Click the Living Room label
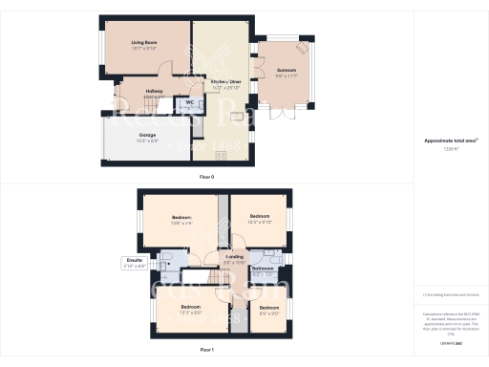pyautogui.click(x=145, y=42)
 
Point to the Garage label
pyautogui.click(x=147, y=136)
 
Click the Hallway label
pyautogui.click(x=154, y=92)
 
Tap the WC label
pyautogui.click(x=190, y=100)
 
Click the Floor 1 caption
pyautogui.click(x=206, y=351)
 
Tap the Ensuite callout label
pyautogui.click(x=134, y=260)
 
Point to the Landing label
pyautogui.click(x=234, y=257)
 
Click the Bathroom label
pyautogui.click(x=264, y=269)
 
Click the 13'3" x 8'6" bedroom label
pyautogui.click(x=190, y=306)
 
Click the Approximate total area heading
pyautogui.click(x=451, y=140)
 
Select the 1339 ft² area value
pyautogui.click(x=451, y=149)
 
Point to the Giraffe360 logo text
pyautogui.click(x=451, y=341)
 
